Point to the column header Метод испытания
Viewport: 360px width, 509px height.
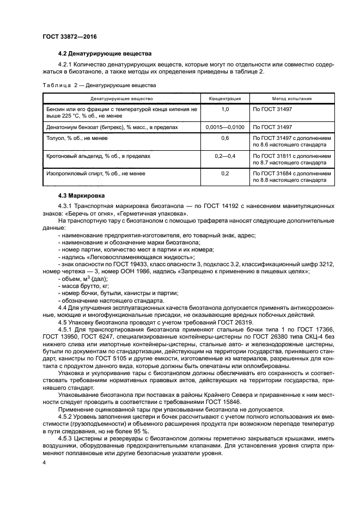tap(292, 99)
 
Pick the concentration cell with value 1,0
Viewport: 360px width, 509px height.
tap(225, 109)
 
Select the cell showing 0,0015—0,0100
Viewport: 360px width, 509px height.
tap(225, 127)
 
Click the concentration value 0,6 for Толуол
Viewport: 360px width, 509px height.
tap(225, 138)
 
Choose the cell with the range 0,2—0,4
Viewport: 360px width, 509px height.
tap(225, 156)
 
